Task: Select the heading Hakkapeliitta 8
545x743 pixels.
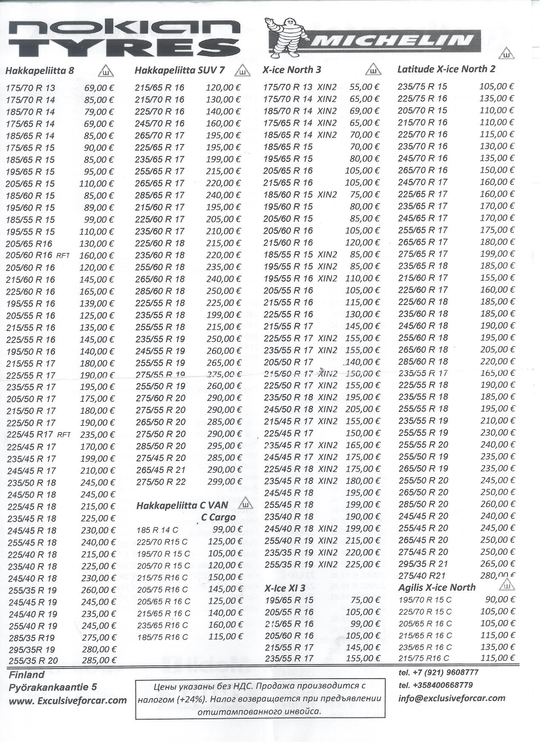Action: click(40, 71)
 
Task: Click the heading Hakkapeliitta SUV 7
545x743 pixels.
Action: click(179, 70)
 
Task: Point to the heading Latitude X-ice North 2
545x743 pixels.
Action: click(446, 69)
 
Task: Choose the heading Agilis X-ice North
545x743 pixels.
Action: click(436, 587)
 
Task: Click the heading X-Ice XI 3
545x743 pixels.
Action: click(285, 588)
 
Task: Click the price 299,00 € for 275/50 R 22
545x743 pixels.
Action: click(224, 482)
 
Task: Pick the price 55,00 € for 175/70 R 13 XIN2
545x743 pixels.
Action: click(364, 87)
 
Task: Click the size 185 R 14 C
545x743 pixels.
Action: click(157, 530)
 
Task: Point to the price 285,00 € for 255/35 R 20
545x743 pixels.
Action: click(99, 660)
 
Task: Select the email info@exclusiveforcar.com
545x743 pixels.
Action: click(451, 698)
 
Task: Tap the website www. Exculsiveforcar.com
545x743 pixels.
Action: click(68, 700)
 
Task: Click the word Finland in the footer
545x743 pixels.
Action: click(26, 675)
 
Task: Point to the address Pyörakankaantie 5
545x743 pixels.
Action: click(52, 687)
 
